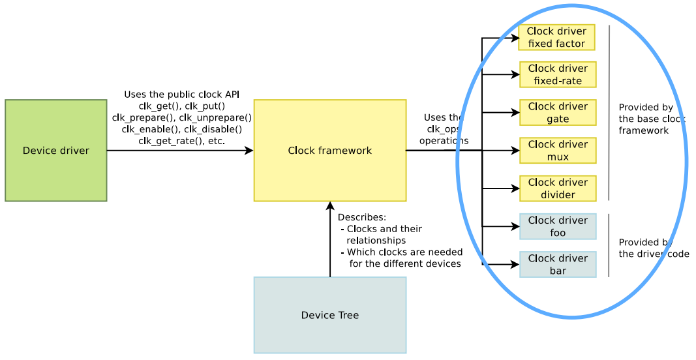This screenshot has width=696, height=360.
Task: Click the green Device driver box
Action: pos(55,151)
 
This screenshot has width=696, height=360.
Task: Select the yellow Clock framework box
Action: pos(329,151)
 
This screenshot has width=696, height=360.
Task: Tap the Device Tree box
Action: pos(329,315)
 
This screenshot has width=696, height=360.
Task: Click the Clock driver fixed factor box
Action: pos(556,38)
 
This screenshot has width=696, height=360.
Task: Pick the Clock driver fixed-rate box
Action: pos(558,75)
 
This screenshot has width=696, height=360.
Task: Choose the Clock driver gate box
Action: pos(558,113)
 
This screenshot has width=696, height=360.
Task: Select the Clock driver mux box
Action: pos(558,151)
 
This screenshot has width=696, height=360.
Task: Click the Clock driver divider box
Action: pos(558,188)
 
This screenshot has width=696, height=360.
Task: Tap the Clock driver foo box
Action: pos(558,226)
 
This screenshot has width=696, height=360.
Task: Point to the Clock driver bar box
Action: pos(558,264)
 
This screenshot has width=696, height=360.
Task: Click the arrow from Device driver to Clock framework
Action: pos(179,151)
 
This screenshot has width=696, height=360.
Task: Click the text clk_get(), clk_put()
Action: pos(181,106)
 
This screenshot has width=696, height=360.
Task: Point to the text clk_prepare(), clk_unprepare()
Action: pos(181,118)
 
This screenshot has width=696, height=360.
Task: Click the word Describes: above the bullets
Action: pos(362,217)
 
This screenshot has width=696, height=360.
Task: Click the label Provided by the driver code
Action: pos(653,248)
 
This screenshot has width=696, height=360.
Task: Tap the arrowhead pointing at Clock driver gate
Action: pos(515,113)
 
